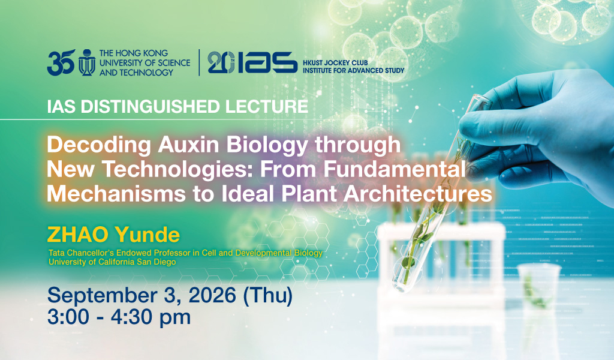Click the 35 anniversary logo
(61, 62)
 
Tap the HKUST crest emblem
(86, 62)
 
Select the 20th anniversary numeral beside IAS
(221, 62)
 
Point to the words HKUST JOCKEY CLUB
(335, 62)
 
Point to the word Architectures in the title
(418, 194)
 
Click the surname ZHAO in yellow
(77, 235)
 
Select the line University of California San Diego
(112, 262)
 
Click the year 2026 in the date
(212, 295)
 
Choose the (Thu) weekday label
(268, 296)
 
